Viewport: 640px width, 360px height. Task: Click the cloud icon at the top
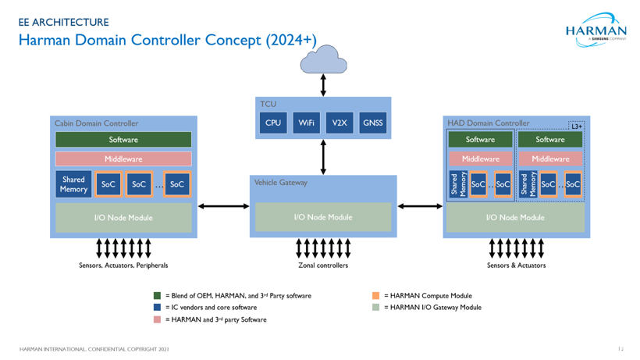pyautogui.click(x=323, y=56)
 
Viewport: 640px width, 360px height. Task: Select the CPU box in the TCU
pyautogui.click(x=273, y=123)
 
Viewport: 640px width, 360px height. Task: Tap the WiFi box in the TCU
pyautogui.click(x=307, y=123)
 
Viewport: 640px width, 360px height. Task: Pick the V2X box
pyautogui.click(x=340, y=123)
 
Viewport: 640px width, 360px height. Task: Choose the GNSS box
pyautogui.click(x=373, y=123)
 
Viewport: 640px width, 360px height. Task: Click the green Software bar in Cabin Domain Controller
pyautogui.click(x=123, y=140)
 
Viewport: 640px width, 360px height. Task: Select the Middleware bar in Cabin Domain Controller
pyautogui.click(x=123, y=159)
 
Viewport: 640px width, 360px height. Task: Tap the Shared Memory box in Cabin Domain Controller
pyautogui.click(x=74, y=184)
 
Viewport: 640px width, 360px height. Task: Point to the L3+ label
pyautogui.click(x=576, y=126)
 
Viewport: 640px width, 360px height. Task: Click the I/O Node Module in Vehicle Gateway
pyautogui.click(x=323, y=217)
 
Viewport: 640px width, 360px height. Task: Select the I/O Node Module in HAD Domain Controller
pyautogui.click(x=515, y=218)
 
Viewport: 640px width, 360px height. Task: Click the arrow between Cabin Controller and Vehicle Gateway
pyautogui.click(x=224, y=207)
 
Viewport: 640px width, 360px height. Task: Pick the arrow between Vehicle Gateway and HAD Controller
pyautogui.click(x=421, y=207)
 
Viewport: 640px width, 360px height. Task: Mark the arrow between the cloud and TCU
pyautogui.click(x=323, y=84)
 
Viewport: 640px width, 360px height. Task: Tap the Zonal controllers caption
pyautogui.click(x=323, y=266)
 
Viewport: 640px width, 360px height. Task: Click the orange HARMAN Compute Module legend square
pyautogui.click(x=375, y=296)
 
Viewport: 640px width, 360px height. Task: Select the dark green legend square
pyautogui.click(x=157, y=296)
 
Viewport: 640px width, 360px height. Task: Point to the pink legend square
pyautogui.click(x=157, y=319)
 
